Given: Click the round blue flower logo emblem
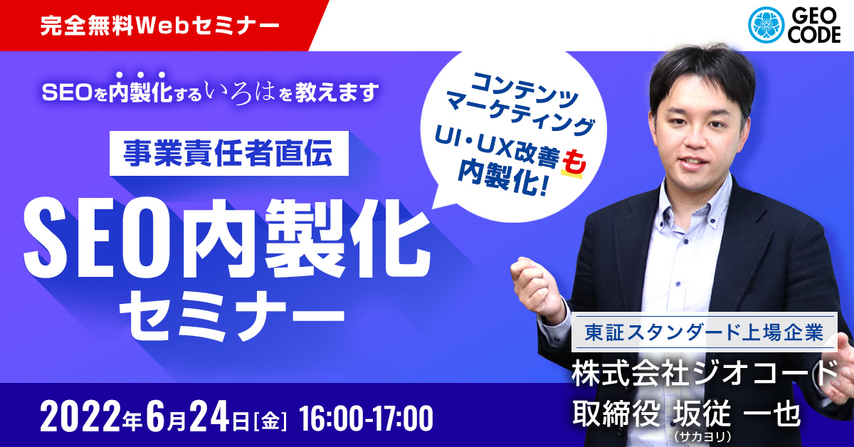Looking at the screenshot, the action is (766, 25).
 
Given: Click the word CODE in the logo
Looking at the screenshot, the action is (814, 35).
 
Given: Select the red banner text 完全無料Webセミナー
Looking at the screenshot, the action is (159, 26).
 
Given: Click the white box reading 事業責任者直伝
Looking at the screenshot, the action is (229, 153).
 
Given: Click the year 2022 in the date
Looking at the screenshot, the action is (80, 418).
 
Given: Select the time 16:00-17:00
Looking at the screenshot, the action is (366, 419).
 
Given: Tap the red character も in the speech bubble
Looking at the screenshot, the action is (574, 164).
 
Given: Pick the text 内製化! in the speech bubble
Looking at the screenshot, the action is (503, 179).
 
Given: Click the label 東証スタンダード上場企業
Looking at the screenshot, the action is (704, 332).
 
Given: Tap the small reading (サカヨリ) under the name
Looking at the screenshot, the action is (702, 436).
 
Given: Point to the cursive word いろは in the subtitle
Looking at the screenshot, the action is (239, 93).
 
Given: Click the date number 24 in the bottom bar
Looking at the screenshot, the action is (210, 418).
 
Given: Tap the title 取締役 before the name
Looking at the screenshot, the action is (616, 414).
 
